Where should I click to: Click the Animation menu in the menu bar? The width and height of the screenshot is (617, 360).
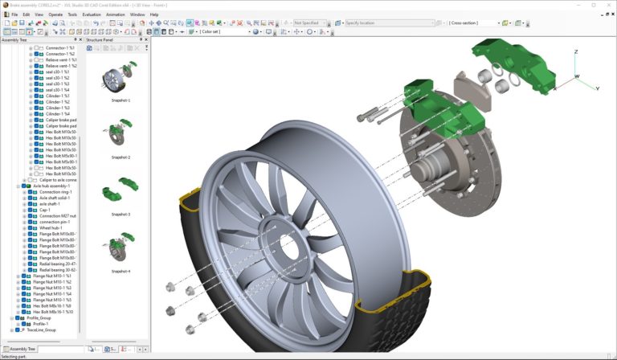(x=115, y=14)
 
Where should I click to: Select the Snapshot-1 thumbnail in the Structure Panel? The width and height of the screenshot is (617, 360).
(x=121, y=79)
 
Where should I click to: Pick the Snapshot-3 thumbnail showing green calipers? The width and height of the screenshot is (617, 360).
(x=121, y=194)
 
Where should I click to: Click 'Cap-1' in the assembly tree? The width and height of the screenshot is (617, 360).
(x=45, y=210)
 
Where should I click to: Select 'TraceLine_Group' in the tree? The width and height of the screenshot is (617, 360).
(x=41, y=329)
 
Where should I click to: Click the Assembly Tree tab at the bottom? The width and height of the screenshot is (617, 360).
(x=22, y=349)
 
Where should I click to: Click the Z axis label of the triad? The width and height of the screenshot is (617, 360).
(x=576, y=51)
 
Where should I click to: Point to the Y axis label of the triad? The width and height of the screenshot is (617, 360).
(x=597, y=88)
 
